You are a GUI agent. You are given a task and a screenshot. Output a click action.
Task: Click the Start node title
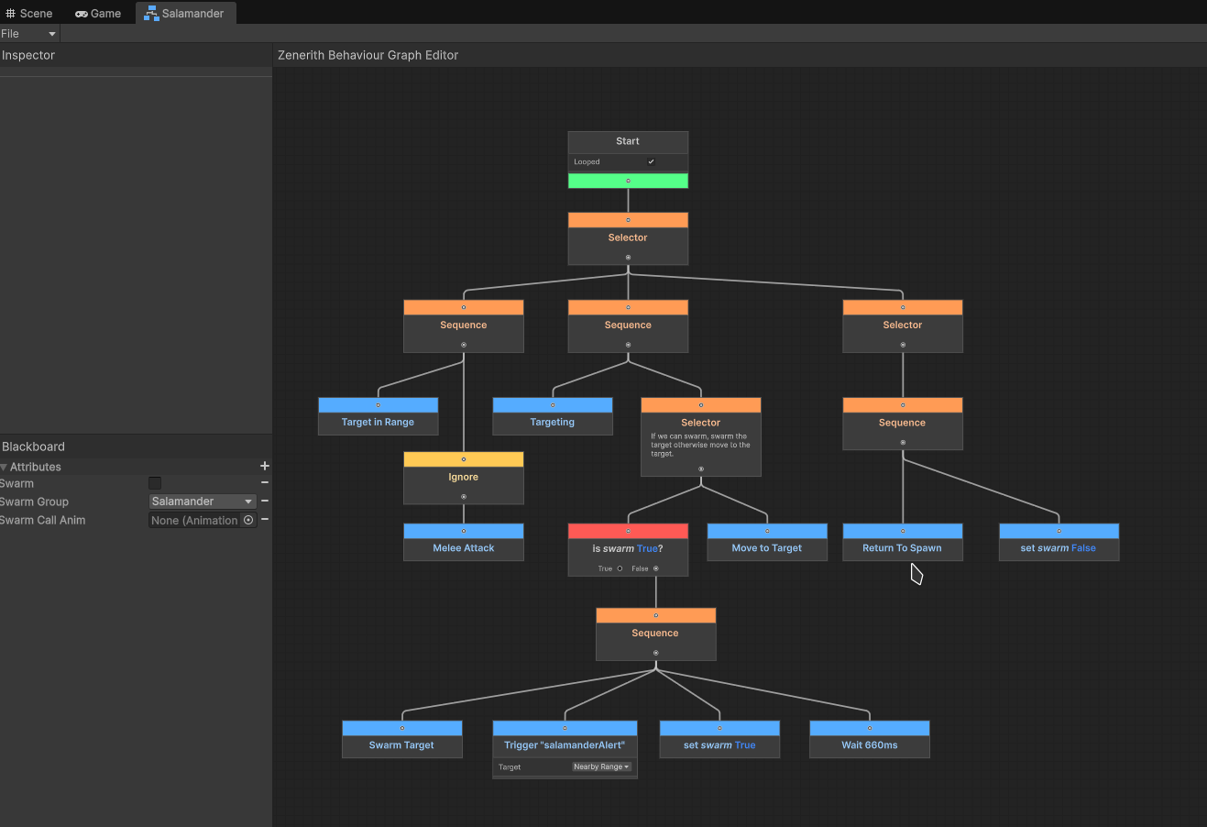628,141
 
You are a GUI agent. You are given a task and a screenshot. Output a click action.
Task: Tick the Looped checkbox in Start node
651,161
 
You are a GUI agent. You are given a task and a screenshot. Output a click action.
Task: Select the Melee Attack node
464,542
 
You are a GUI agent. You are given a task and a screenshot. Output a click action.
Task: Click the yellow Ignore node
464,478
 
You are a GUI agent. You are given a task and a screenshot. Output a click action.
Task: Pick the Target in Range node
378,416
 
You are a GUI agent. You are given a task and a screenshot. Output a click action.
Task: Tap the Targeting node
553,416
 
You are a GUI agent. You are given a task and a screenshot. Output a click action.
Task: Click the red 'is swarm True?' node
628,549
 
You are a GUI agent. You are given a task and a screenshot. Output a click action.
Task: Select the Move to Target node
767,542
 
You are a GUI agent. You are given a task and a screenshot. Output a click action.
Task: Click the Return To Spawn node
903,542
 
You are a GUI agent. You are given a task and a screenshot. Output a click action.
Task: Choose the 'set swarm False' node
1059,542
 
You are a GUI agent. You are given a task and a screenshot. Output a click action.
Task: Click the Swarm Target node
402,739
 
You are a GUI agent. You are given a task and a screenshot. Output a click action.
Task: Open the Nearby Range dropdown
601,766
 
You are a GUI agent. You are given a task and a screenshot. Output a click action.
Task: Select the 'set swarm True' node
719,739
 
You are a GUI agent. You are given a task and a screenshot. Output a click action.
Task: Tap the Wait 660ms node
869,739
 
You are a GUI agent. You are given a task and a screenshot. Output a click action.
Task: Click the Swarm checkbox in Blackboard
155,483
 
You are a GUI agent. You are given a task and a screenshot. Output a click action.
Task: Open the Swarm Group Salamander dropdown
202,502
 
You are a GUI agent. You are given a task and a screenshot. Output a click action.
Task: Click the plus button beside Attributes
265,466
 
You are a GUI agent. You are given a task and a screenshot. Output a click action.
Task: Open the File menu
28,33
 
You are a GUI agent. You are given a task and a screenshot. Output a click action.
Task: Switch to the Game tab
98,13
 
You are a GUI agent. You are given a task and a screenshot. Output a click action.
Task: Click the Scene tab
29,13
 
